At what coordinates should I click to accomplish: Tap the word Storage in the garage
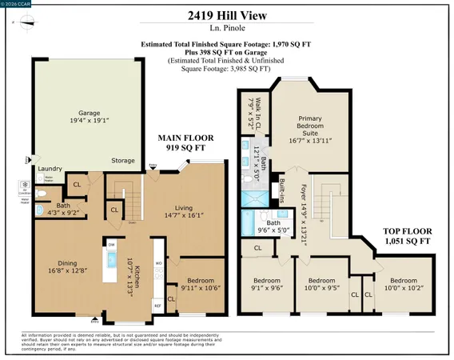pos(122,161)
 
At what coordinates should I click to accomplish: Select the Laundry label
pos(50,169)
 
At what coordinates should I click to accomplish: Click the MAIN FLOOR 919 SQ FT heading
pos(183,143)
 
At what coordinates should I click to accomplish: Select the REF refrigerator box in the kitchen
pos(157,305)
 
